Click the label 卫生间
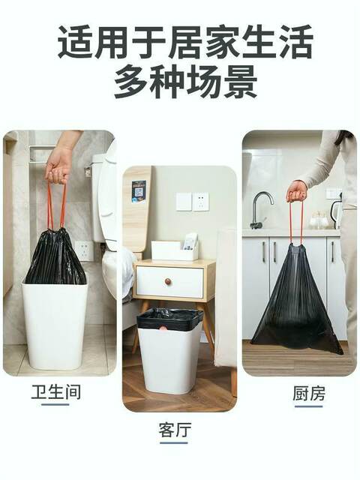[x=56, y=392]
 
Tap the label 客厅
[x=175, y=430]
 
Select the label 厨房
[x=308, y=393]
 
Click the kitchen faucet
[x=260, y=210]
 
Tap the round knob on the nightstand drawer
[x=168, y=281]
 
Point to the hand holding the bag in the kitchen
[x=296, y=191]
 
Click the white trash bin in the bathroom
[x=55, y=325]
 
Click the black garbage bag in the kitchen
[x=296, y=303]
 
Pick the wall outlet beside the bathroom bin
[x=84, y=250]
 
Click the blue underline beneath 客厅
[x=173, y=442]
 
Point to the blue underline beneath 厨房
[x=308, y=406]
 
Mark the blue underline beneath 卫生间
[x=55, y=404]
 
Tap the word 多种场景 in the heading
[x=185, y=81]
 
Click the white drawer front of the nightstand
[x=169, y=282]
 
